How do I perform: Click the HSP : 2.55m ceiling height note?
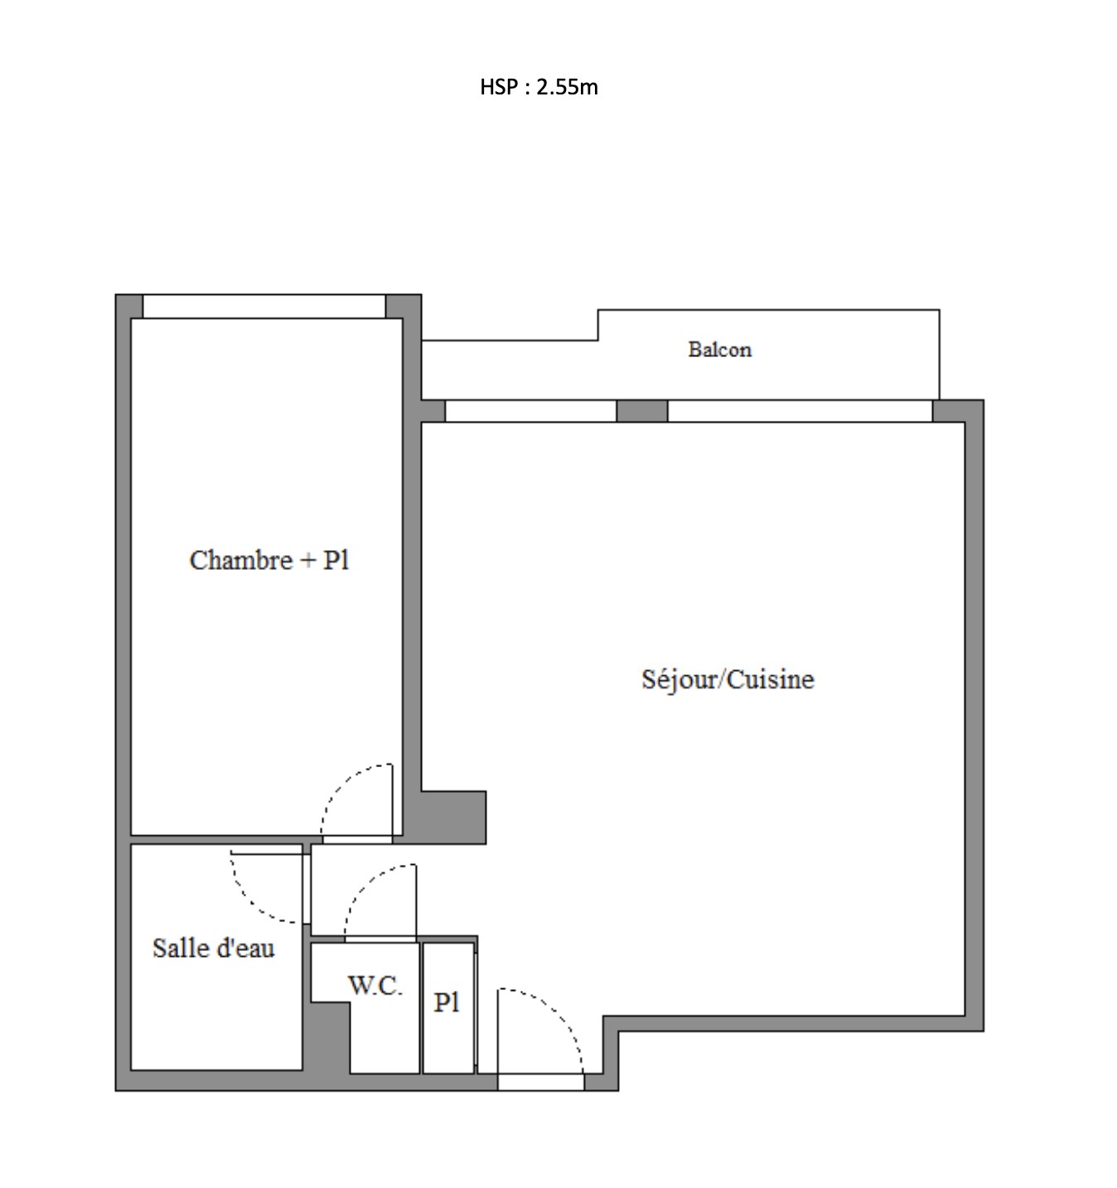click(539, 87)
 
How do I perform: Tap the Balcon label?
click(719, 350)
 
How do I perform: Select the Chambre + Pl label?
click(269, 561)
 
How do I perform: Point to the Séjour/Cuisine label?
click(728, 679)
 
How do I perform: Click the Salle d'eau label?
click(214, 948)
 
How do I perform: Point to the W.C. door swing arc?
click(363, 886)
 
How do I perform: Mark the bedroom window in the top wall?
click(264, 307)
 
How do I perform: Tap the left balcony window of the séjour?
click(530, 411)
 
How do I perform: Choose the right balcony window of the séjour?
click(800, 411)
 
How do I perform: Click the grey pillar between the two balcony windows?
click(641, 411)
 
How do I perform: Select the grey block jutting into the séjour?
click(453, 817)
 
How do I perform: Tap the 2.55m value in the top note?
click(567, 87)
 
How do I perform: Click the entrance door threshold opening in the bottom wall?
click(541, 1082)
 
